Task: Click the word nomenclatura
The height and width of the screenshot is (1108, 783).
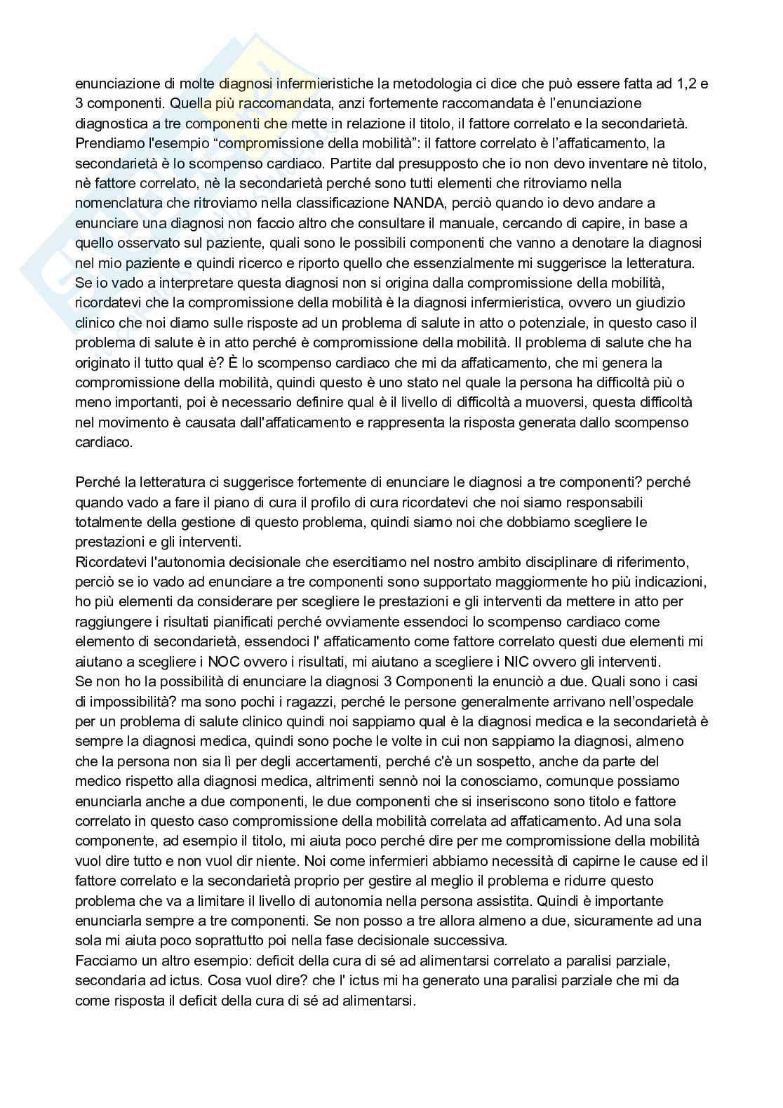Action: click(115, 203)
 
